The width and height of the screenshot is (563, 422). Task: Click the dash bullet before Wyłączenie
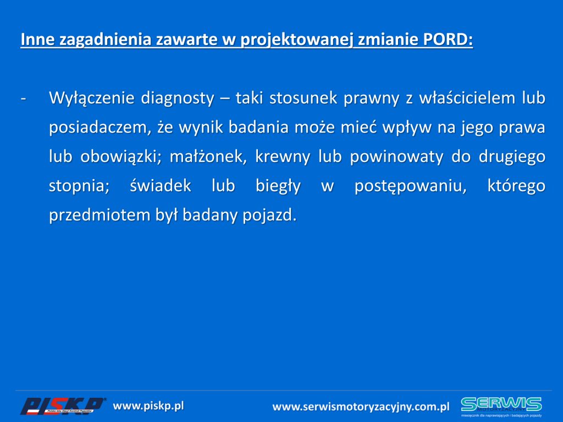pyautogui.click(x=24, y=98)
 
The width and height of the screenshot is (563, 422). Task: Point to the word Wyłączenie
pyautogui.click(x=92, y=98)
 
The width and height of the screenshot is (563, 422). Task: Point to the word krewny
pyautogui.click(x=283, y=157)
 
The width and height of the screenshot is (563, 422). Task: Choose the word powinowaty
pyautogui.click(x=397, y=157)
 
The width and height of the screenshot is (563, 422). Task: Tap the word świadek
pyautogui.click(x=161, y=186)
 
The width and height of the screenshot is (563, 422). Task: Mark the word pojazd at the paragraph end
pyautogui.click(x=269, y=215)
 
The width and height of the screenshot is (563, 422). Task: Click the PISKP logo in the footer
pyautogui.click(x=63, y=406)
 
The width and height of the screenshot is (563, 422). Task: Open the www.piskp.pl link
pyautogui.click(x=148, y=406)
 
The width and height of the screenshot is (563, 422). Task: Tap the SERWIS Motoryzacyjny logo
pyautogui.click(x=501, y=407)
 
